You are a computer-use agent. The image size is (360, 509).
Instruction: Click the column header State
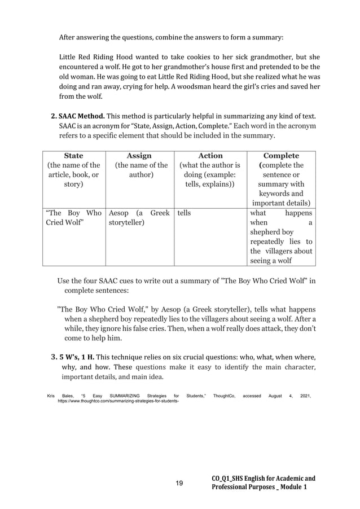(73, 156)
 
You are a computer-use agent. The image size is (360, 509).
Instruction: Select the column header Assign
(139, 156)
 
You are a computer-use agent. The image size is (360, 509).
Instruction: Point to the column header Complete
(281, 156)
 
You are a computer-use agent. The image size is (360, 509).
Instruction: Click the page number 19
(179, 483)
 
